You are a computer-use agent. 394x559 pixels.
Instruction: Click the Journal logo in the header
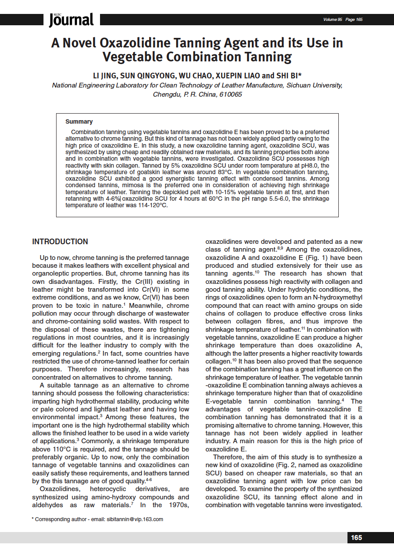pos(71,20)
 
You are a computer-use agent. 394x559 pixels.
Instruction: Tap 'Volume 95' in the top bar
pos(333,20)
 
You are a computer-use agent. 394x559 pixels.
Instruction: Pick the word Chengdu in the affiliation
pos(165,94)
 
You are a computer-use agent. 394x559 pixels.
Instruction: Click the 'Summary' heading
pos(79,121)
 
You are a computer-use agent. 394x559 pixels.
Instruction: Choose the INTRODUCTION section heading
pos(60,242)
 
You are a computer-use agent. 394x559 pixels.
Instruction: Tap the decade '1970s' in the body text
pos(177,505)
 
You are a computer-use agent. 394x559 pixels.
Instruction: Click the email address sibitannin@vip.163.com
pos(135,519)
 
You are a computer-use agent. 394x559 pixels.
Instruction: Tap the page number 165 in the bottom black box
pos(356,538)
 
